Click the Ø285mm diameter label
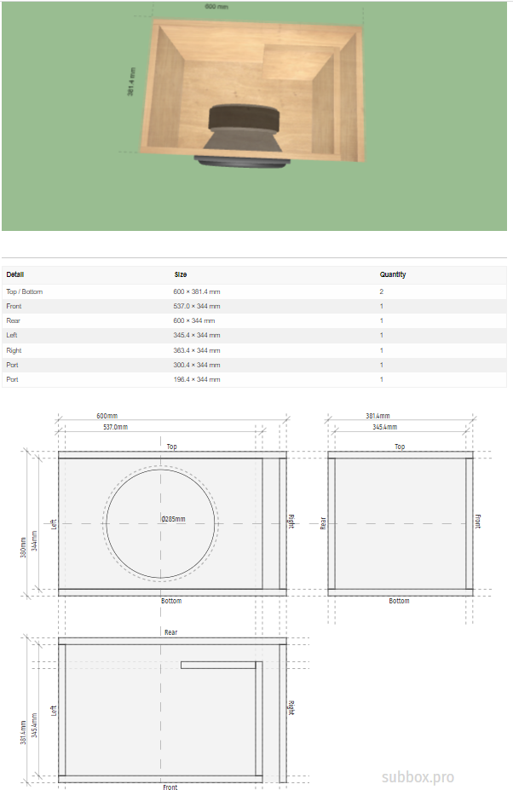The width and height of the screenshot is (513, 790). (x=173, y=519)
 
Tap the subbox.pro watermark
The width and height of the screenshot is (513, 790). (x=418, y=777)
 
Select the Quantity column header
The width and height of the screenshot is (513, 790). (x=393, y=274)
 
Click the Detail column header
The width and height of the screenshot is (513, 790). (x=15, y=274)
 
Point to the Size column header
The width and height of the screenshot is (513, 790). (x=181, y=274)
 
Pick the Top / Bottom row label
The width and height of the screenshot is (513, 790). (x=24, y=291)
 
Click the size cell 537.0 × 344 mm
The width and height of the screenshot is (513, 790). (x=197, y=306)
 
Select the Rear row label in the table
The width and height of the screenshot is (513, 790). (x=13, y=320)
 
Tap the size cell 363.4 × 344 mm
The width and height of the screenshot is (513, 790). (x=197, y=350)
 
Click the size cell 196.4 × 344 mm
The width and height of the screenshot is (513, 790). (x=197, y=379)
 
